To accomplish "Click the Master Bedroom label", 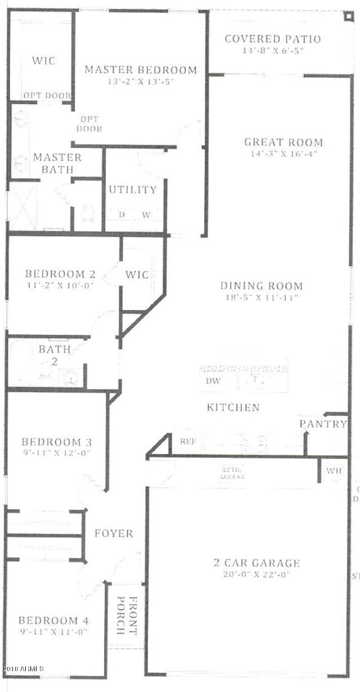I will (141, 70).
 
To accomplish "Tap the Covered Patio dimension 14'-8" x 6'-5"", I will (272, 51).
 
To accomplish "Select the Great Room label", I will (283, 142).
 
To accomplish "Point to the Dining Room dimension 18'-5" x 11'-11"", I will (261, 298).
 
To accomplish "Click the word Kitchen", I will (233, 407).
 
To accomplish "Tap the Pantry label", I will (322, 424).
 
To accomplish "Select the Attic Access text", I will (231, 473).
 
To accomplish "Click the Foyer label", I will (114, 533).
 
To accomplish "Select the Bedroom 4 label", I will (53, 621).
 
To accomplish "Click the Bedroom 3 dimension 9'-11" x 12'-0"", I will (56, 453).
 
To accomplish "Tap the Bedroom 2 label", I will (60, 274).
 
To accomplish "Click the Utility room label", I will (133, 189).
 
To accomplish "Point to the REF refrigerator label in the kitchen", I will (187, 441).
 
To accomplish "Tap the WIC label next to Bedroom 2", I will (137, 275).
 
